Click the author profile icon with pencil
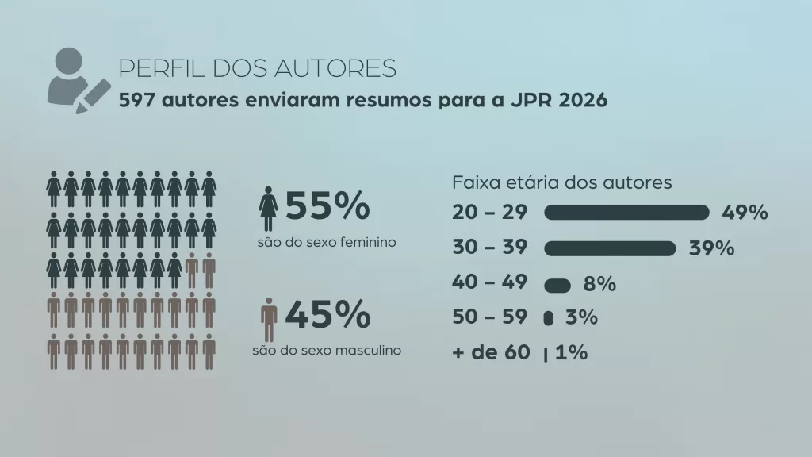point(77,80)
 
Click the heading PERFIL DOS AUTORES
point(257,69)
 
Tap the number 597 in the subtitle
point(136,102)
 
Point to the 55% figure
point(327,207)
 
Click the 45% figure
point(327,315)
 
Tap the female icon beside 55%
point(268,209)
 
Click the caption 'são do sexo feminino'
point(326,241)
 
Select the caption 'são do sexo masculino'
point(326,350)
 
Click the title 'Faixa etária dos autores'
point(561,182)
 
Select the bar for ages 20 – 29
point(626,212)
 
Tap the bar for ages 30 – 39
point(610,248)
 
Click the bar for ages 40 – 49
point(557,285)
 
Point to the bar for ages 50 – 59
point(548,318)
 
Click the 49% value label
point(745,213)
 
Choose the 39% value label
point(711,248)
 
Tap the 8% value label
point(599,284)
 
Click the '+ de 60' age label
point(490,353)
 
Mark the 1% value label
point(571,353)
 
